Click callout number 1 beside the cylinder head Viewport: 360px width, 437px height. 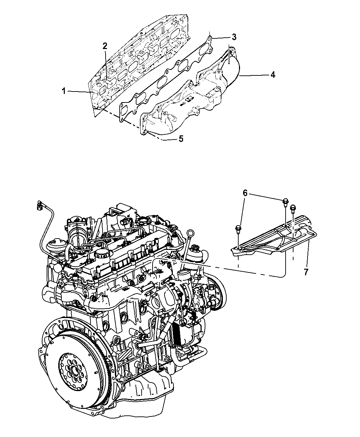pyautogui.click(x=63, y=91)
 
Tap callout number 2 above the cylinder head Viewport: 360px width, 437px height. pyautogui.click(x=105, y=46)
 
